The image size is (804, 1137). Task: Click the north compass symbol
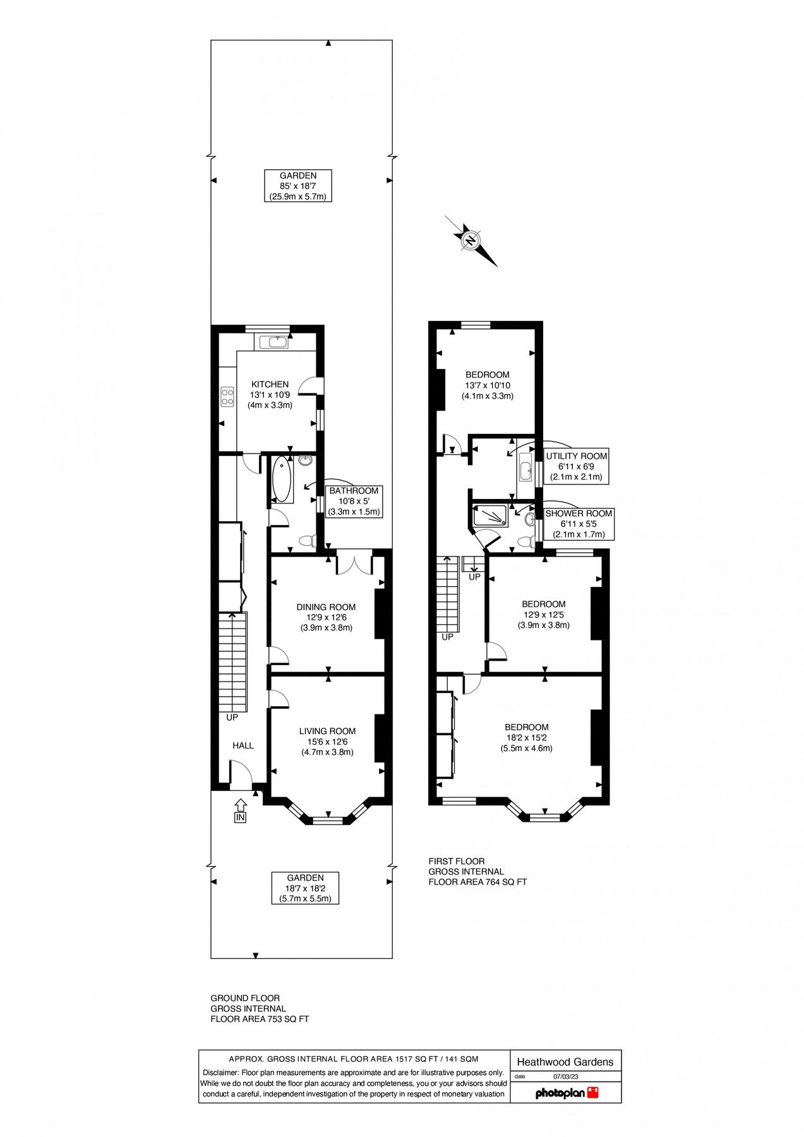[x=471, y=240]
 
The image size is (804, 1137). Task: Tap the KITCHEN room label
[x=270, y=384]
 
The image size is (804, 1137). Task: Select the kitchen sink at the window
[x=276, y=342]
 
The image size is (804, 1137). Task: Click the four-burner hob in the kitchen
[x=227, y=397]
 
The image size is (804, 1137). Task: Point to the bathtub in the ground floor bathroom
[x=282, y=479]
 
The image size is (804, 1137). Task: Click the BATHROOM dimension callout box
[x=354, y=501]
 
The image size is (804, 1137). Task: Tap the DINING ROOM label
[x=326, y=607]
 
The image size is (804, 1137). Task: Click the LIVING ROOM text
[x=327, y=731]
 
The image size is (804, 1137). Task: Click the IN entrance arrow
[x=240, y=810]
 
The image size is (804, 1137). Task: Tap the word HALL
[x=243, y=745]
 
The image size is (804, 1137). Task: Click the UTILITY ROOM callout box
[x=576, y=466]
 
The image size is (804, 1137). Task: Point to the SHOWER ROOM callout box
[x=578, y=524]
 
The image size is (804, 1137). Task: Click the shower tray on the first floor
[x=489, y=515]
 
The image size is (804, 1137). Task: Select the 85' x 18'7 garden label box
[x=298, y=186]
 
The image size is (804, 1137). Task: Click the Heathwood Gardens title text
[x=565, y=1062]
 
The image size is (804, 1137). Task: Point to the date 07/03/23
[x=565, y=1076]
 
